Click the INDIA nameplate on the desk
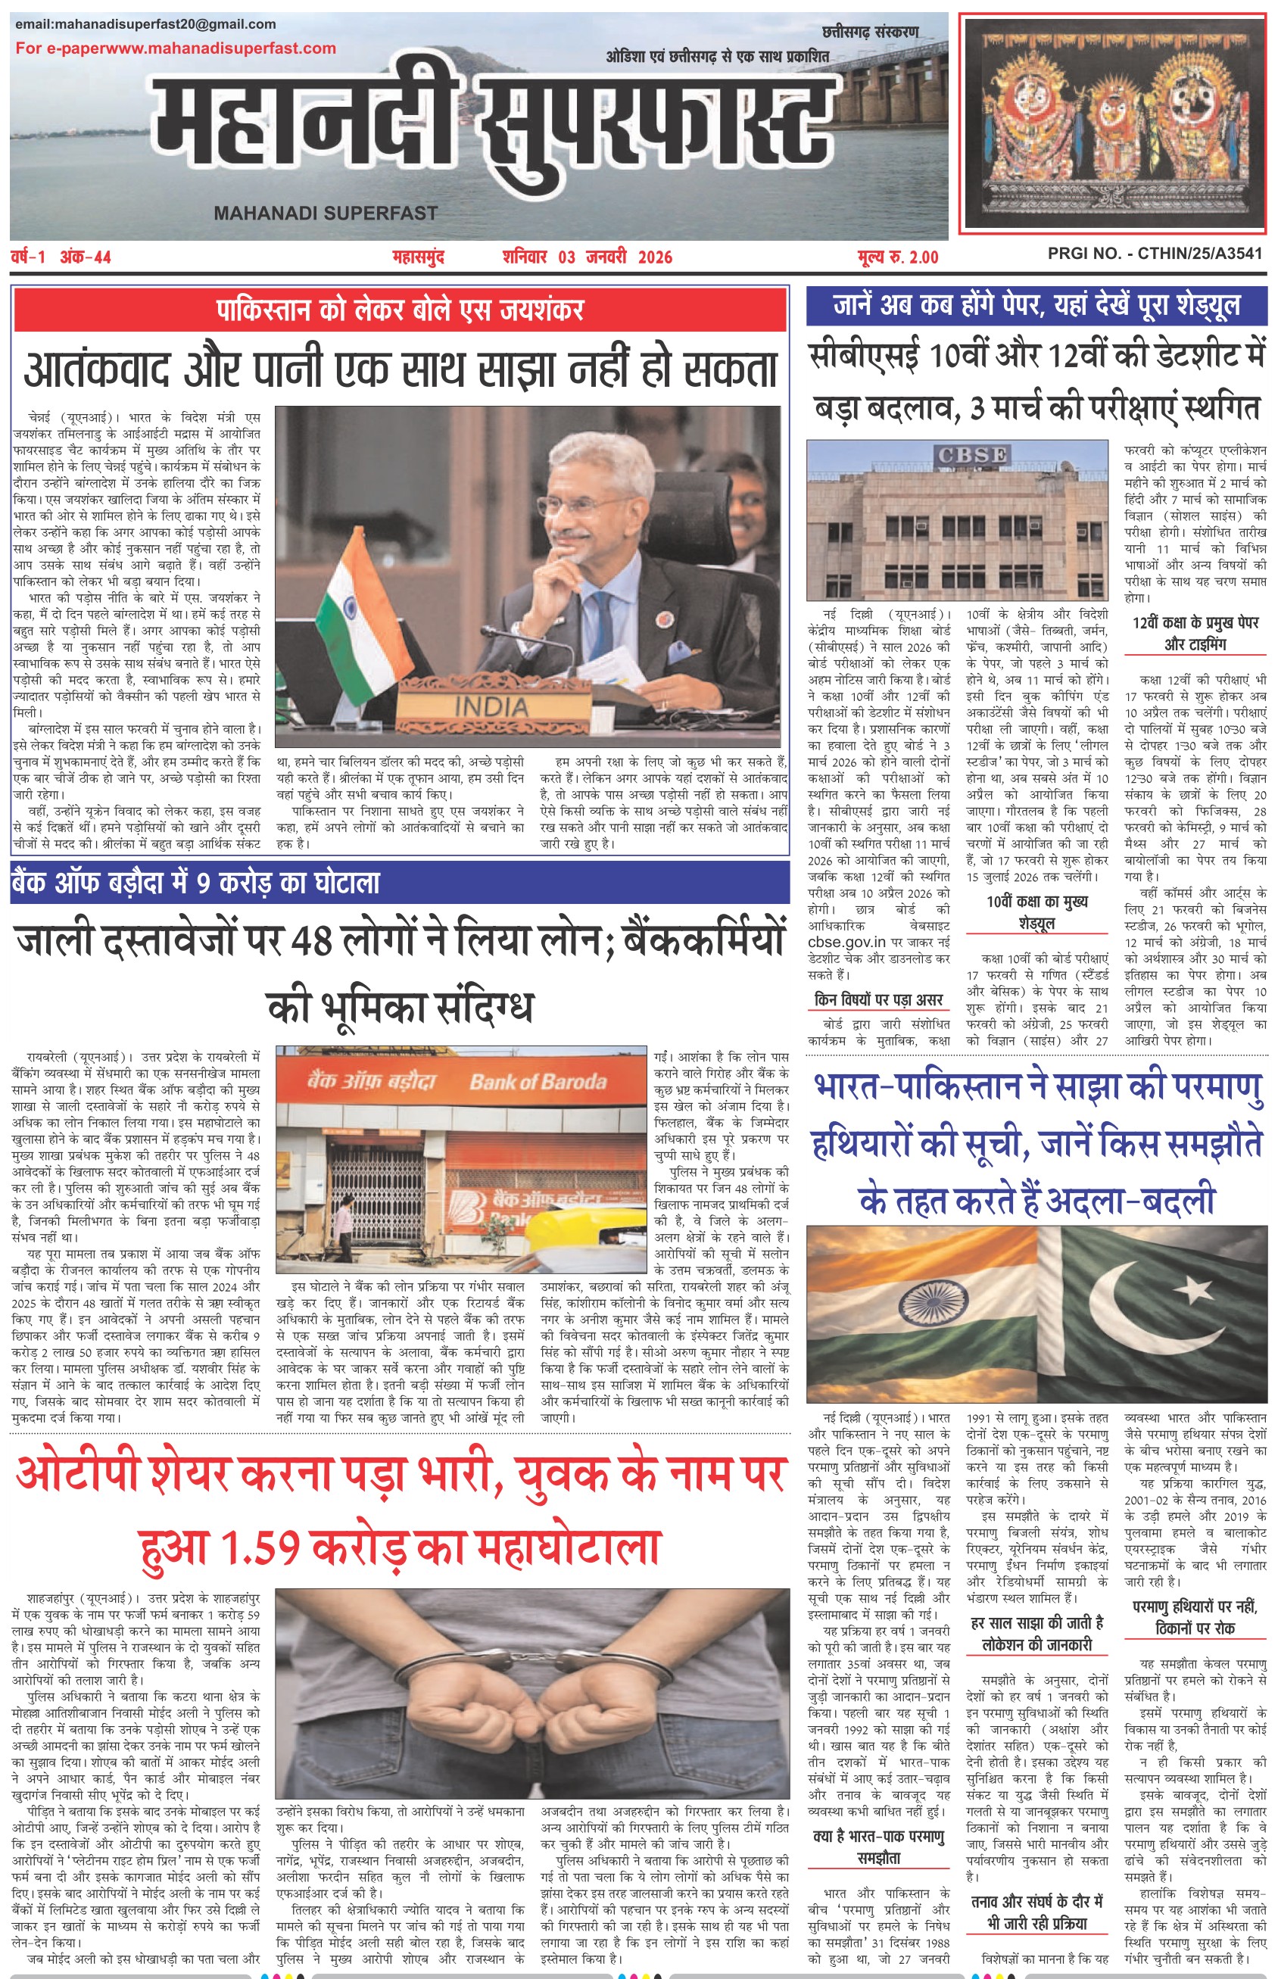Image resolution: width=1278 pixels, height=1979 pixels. [x=492, y=706]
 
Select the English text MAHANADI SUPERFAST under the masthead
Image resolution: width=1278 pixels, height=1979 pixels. [x=326, y=213]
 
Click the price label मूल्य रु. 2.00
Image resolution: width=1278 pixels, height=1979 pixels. [x=897, y=257]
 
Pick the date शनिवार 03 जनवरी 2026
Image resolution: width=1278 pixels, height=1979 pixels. [x=587, y=257]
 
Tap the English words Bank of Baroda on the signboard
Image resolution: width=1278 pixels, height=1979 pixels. [x=538, y=1082]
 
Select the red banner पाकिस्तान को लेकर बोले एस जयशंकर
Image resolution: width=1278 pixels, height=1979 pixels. [x=399, y=310]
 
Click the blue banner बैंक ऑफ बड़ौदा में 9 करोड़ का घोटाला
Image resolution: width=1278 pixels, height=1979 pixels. [x=196, y=883]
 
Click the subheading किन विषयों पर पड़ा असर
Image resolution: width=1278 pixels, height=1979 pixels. [x=879, y=1000]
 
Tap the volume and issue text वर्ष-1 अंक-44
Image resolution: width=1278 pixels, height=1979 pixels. [x=61, y=257]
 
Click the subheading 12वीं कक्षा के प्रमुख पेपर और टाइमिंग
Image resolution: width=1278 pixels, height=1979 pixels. [x=1195, y=633]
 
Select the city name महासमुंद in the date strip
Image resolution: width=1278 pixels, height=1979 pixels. [x=418, y=257]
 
